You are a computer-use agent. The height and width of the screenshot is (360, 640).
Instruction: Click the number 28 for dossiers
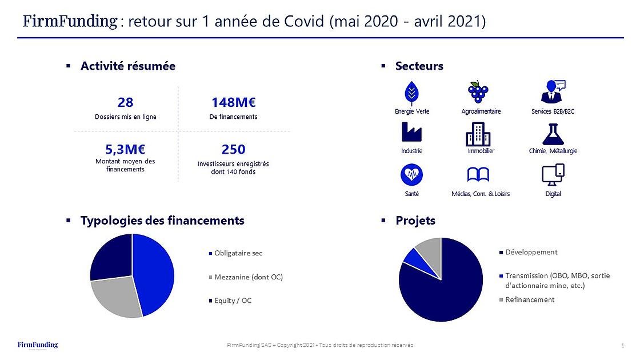(125, 102)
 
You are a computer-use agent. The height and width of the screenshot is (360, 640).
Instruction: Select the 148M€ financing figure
(233, 102)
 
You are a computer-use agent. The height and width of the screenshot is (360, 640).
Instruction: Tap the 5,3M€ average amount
(125, 149)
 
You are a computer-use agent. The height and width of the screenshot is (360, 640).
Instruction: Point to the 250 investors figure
(233, 149)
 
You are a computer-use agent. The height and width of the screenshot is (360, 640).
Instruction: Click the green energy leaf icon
(411, 92)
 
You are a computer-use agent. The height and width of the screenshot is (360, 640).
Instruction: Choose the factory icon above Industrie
(411, 133)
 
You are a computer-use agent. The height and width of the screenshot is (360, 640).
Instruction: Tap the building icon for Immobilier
(478, 134)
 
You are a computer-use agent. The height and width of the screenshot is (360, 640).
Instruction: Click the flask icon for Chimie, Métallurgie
(553, 134)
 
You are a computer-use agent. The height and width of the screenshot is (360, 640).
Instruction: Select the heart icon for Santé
(411, 174)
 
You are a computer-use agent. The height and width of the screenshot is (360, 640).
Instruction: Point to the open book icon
(478, 174)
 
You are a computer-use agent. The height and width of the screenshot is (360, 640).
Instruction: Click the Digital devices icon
(553, 174)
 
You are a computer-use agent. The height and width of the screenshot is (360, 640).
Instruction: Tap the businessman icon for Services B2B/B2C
(553, 91)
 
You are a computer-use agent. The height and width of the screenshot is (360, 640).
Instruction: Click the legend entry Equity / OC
(233, 301)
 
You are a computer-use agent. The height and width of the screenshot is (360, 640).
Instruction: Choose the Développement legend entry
(531, 252)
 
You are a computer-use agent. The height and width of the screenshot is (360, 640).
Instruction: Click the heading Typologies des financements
(162, 221)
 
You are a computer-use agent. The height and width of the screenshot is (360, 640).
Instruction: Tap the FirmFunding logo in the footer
(38, 345)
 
